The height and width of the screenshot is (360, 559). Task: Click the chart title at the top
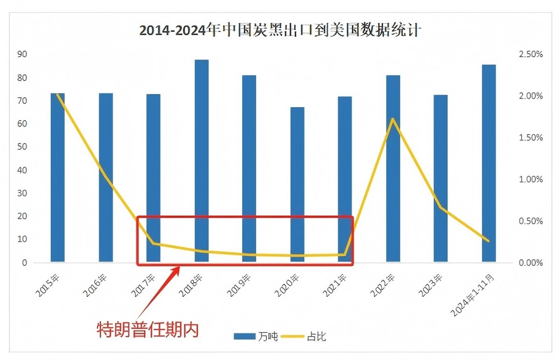coord(280,31)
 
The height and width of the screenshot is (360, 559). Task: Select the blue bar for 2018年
coord(202,161)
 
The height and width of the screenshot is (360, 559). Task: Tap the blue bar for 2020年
coord(297,184)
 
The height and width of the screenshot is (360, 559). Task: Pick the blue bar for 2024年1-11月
coord(489,163)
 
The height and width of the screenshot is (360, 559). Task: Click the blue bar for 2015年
coord(58,177)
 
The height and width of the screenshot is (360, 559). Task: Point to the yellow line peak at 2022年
coord(393,119)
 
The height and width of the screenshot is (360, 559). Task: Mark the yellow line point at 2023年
coord(441,207)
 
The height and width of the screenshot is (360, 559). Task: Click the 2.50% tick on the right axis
coord(531,54)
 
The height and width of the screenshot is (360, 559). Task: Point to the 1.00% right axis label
coord(531,179)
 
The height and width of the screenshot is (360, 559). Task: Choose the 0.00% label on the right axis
coord(531,263)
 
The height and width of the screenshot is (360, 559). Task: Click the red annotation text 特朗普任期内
coord(148,329)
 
